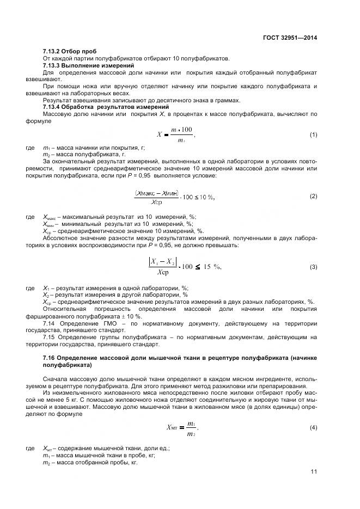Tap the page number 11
(x=314, y=471)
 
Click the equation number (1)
(x=313, y=134)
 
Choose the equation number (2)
(x=313, y=196)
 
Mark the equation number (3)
(x=313, y=267)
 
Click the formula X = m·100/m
(x=175, y=135)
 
